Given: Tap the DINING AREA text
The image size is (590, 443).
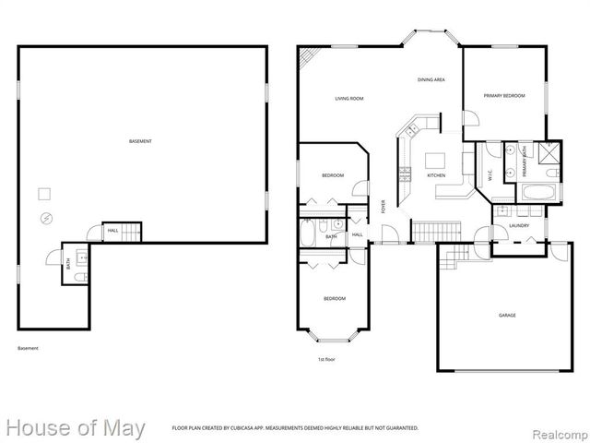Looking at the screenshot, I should point(431,80).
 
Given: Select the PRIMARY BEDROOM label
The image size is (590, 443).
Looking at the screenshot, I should point(504,96).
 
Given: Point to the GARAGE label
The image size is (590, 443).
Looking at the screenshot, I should point(507,316).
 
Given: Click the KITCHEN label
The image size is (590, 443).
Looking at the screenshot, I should point(436,175).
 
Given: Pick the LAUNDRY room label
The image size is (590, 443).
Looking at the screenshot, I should point(518,225).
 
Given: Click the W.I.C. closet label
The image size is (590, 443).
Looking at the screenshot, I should point(488,174).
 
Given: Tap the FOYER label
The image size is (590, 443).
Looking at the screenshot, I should point(383,207).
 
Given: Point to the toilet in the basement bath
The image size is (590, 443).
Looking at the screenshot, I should point(79,275).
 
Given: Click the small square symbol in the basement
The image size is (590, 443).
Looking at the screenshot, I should point(43,194).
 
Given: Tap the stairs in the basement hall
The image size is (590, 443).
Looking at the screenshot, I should point(133,231).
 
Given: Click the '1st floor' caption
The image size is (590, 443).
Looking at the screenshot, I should point(326,359).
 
